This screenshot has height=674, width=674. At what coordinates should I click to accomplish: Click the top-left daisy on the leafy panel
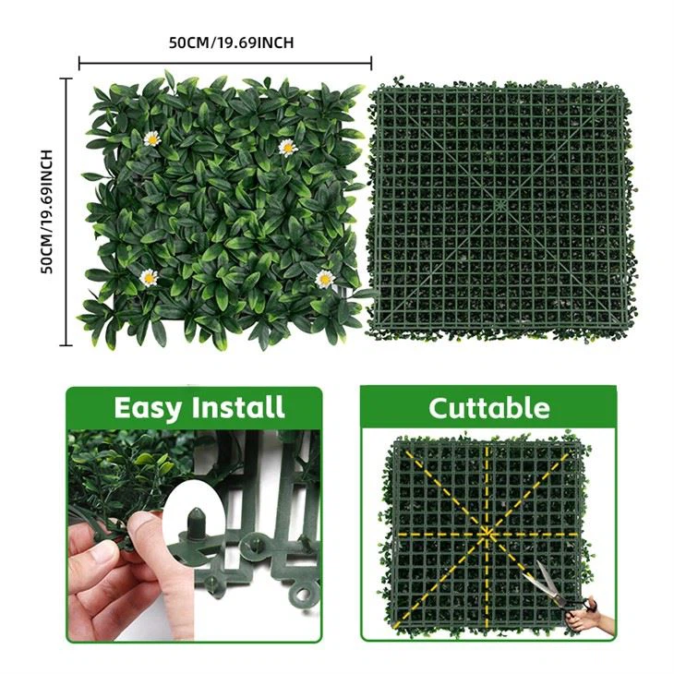click(x=152, y=138)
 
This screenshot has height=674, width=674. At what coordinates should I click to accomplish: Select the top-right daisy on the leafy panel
click(x=288, y=147)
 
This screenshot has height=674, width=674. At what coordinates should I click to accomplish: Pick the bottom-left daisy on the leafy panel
click(x=148, y=276)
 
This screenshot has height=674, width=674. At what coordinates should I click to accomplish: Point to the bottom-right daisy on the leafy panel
click(x=324, y=278)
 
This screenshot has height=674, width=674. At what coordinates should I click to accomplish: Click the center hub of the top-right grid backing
click(x=499, y=201)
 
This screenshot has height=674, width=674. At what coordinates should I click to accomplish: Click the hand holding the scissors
click(x=584, y=618)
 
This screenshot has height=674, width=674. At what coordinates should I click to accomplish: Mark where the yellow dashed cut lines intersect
click(x=487, y=534)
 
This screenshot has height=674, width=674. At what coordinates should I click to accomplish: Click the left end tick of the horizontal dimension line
click(x=79, y=64)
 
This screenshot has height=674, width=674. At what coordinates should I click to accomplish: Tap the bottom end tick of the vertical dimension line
click(x=66, y=344)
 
